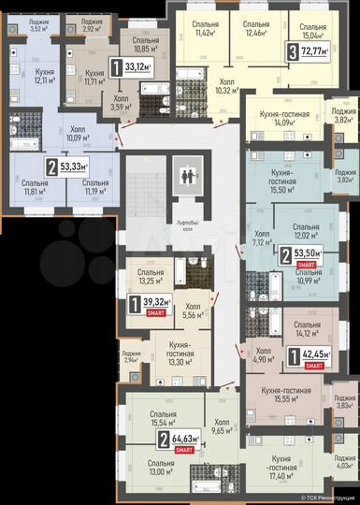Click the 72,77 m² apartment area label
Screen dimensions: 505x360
click(309, 51)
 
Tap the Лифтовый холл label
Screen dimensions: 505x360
click(189, 224)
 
